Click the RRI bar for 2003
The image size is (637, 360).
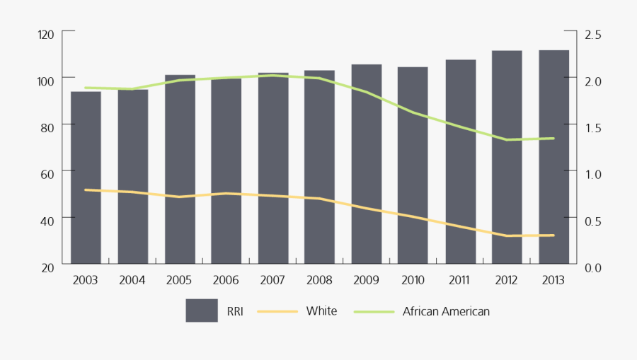point(86,177)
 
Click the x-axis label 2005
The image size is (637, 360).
point(179,280)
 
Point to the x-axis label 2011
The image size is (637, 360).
point(459,280)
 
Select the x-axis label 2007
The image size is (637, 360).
point(272,280)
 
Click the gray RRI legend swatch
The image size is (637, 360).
point(201,310)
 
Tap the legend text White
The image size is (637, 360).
point(321,310)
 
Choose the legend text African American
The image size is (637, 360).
point(446,310)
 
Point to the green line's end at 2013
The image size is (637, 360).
point(553,138)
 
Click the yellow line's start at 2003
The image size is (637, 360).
point(86,190)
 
